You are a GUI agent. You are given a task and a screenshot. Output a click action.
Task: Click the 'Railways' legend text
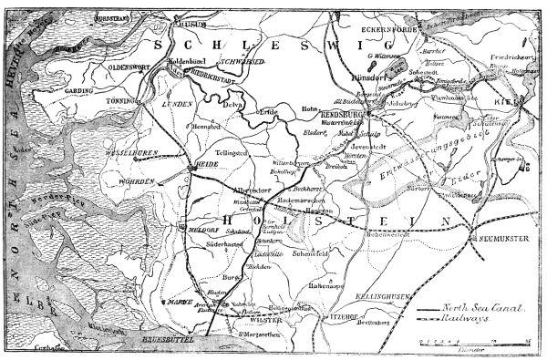tap(483, 321)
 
